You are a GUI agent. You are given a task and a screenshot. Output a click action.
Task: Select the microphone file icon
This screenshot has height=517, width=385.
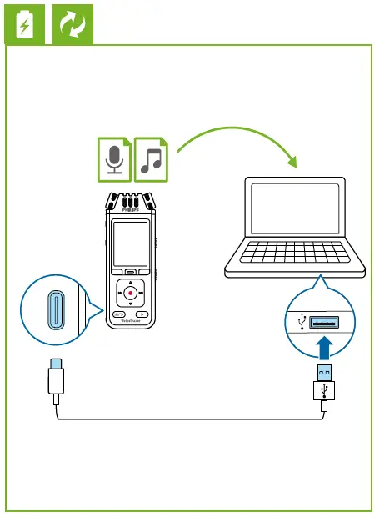[x=115, y=158]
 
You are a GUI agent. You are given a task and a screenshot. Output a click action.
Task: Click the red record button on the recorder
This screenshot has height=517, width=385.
[x=131, y=293]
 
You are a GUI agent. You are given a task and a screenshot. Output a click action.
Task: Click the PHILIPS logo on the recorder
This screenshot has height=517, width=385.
[x=131, y=212]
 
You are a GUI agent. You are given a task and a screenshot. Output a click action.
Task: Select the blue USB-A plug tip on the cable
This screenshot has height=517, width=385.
[x=323, y=372]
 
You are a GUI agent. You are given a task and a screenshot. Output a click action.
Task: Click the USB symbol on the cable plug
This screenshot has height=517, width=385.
[x=323, y=389]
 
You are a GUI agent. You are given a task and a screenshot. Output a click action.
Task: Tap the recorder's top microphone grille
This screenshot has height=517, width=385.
[x=131, y=201]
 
